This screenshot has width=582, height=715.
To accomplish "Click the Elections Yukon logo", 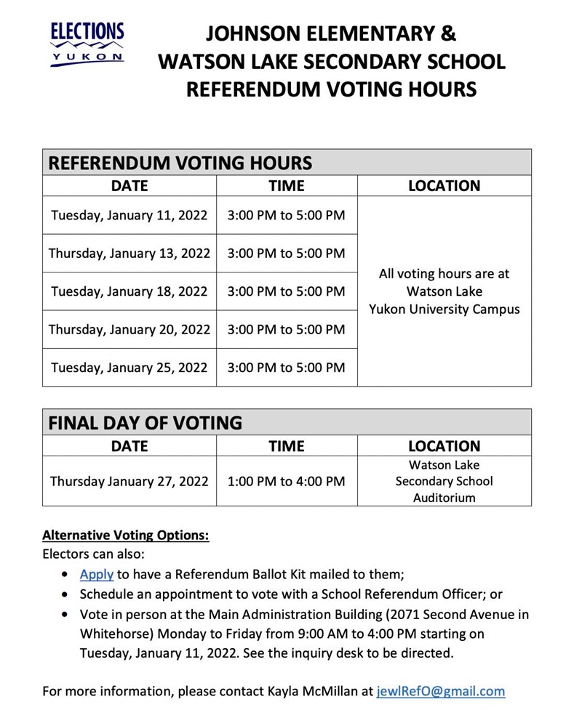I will tap(87, 44).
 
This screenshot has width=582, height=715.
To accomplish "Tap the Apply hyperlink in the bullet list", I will tap(96, 574).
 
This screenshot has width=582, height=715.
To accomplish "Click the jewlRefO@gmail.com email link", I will tap(440, 691).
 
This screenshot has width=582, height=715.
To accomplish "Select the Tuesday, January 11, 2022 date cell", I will tap(129, 215).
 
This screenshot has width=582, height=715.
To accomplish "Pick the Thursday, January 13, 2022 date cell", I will tap(129, 254).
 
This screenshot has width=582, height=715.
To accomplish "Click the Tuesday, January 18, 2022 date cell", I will tap(129, 291).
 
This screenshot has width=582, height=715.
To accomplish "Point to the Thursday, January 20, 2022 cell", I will tap(129, 329).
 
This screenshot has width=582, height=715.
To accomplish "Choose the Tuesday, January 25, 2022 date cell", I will tap(129, 368).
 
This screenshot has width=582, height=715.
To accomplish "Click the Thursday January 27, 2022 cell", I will tap(129, 481).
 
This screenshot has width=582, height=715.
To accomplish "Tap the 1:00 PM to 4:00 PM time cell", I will tap(286, 481).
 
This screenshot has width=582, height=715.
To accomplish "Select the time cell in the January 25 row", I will tap(286, 368).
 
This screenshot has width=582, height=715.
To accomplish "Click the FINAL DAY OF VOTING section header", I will tap(145, 422).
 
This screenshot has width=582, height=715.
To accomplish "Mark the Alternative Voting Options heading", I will tap(126, 536).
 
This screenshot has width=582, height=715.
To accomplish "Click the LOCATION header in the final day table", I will tap(444, 446).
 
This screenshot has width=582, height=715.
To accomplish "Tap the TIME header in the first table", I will tap(286, 186).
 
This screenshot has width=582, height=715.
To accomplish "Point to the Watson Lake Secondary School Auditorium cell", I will tap(444, 481).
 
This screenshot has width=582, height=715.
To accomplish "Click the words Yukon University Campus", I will tap(444, 310).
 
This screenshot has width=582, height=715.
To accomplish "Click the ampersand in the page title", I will tap(447, 33).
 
